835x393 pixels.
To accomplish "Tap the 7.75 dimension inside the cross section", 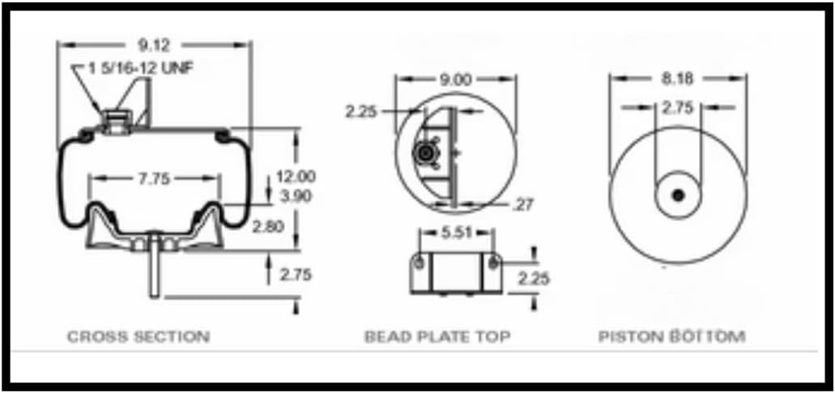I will (153, 179).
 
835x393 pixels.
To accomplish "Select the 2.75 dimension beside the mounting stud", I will (295, 275).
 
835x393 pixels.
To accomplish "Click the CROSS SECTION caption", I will (138, 336).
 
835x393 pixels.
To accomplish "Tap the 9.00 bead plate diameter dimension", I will (454, 79).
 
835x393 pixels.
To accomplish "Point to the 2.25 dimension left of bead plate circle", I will (360, 113).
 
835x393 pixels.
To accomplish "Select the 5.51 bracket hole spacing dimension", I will (456, 232).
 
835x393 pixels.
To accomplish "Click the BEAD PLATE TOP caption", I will (437, 336).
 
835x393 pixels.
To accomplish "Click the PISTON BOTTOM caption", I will (671, 336).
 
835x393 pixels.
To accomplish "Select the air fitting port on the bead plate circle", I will (424, 153).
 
